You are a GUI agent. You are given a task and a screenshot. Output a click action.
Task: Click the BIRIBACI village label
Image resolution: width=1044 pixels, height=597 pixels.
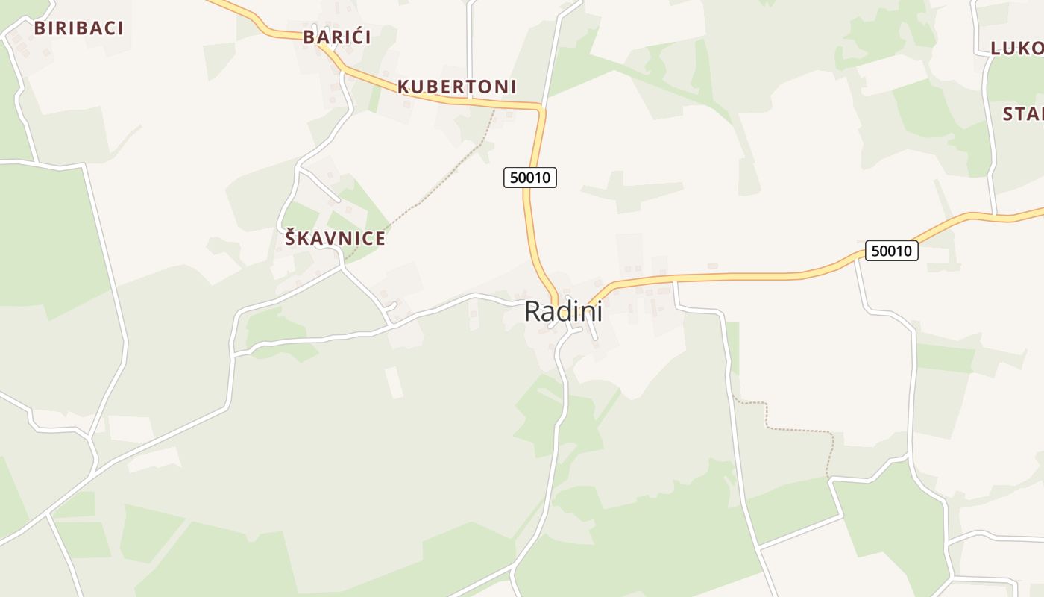tap(78, 28)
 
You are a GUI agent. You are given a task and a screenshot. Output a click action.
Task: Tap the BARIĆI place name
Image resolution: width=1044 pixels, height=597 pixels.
tap(337, 37)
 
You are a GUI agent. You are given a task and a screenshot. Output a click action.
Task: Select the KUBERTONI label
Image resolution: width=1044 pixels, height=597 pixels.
tap(456, 87)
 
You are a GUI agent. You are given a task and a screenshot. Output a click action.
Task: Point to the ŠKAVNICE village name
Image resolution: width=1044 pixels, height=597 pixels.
tap(335, 239)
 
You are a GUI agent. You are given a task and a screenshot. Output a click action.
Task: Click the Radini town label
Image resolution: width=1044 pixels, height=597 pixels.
tap(563, 311)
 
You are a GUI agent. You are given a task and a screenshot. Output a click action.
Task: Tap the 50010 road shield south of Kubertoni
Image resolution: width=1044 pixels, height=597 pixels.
tap(530, 178)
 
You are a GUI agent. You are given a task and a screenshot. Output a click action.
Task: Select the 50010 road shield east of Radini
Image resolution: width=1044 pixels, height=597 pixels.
tap(891, 251)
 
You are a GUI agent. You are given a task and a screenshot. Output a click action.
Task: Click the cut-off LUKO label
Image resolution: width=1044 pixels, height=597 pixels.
tap(1016, 49)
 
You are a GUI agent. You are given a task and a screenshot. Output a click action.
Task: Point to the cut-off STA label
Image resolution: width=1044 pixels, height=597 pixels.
tap(1022, 114)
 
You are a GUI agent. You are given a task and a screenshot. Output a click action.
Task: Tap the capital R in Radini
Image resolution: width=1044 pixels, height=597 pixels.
tap(532, 311)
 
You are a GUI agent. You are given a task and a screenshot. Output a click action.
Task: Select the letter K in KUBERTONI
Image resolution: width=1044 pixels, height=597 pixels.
tap(403, 87)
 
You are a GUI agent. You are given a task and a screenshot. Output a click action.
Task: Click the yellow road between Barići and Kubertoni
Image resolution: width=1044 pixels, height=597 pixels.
tap(373, 80)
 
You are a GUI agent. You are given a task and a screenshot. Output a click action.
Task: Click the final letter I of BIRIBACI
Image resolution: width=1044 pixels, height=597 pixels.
tap(119, 28)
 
